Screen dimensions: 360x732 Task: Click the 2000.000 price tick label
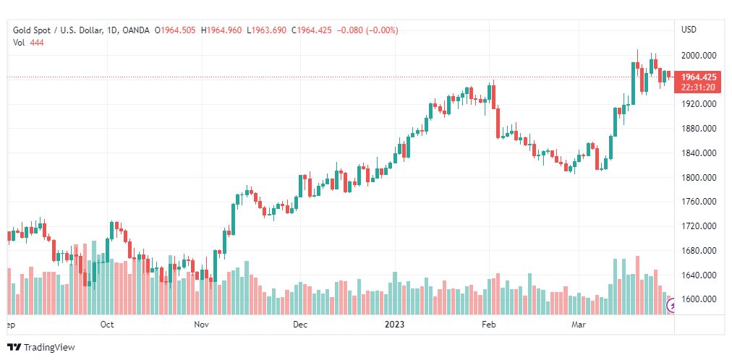click(x=699, y=55)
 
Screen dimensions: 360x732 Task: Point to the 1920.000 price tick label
click(x=699, y=104)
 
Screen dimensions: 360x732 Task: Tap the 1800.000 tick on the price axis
click(x=699, y=178)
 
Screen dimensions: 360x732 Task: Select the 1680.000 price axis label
click(x=699, y=251)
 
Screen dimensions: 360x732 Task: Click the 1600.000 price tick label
click(x=699, y=299)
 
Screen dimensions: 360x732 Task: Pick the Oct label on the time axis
click(x=107, y=325)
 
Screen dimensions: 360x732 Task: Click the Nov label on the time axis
click(x=202, y=325)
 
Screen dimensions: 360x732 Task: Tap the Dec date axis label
click(x=300, y=325)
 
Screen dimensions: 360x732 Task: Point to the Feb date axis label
click(x=490, y=325)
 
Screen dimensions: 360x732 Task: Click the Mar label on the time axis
click(x=579, y=325)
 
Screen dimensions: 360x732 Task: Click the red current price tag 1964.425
click(x=699, y=77)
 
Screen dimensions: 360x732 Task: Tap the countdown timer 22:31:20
click(x=699, y=87)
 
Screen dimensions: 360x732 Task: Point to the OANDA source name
click(x=137, y=30)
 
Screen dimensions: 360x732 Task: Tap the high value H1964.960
click(x=221, y=30)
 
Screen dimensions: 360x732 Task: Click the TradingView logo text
click(x=49, y=348)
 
